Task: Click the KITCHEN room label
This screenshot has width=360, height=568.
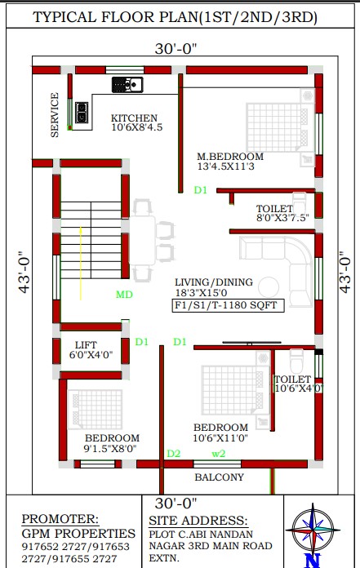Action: pos(134,118)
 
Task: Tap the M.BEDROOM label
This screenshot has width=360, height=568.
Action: pos(230,157)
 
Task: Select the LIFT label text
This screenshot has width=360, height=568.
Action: pos(86,345)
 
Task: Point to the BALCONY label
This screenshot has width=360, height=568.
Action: pos(219,477)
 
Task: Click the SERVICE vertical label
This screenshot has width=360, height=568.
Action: pos(55,115)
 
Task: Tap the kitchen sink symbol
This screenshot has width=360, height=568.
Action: pos(127,85)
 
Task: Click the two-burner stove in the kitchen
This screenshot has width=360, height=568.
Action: pos(82,113)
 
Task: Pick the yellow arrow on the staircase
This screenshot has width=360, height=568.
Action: pos(80,264)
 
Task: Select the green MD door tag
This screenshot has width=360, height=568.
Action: pos(124,295)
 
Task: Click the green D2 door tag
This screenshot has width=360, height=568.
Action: pos(174,454)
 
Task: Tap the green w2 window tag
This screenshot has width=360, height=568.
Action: pos(219,454)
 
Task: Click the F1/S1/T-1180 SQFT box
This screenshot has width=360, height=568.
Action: pos(228,305)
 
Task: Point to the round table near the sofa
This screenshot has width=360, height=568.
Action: pos(269,287)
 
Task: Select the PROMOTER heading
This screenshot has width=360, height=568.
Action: pos(60,519)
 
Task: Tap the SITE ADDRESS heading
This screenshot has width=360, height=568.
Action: pos(198,521)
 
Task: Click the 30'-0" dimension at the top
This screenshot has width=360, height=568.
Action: pos(176,49)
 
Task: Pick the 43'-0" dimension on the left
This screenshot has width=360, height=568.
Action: pos(24,272)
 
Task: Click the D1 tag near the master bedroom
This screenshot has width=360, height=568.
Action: pos(200,190)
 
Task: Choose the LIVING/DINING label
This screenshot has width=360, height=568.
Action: pos(214,282)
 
